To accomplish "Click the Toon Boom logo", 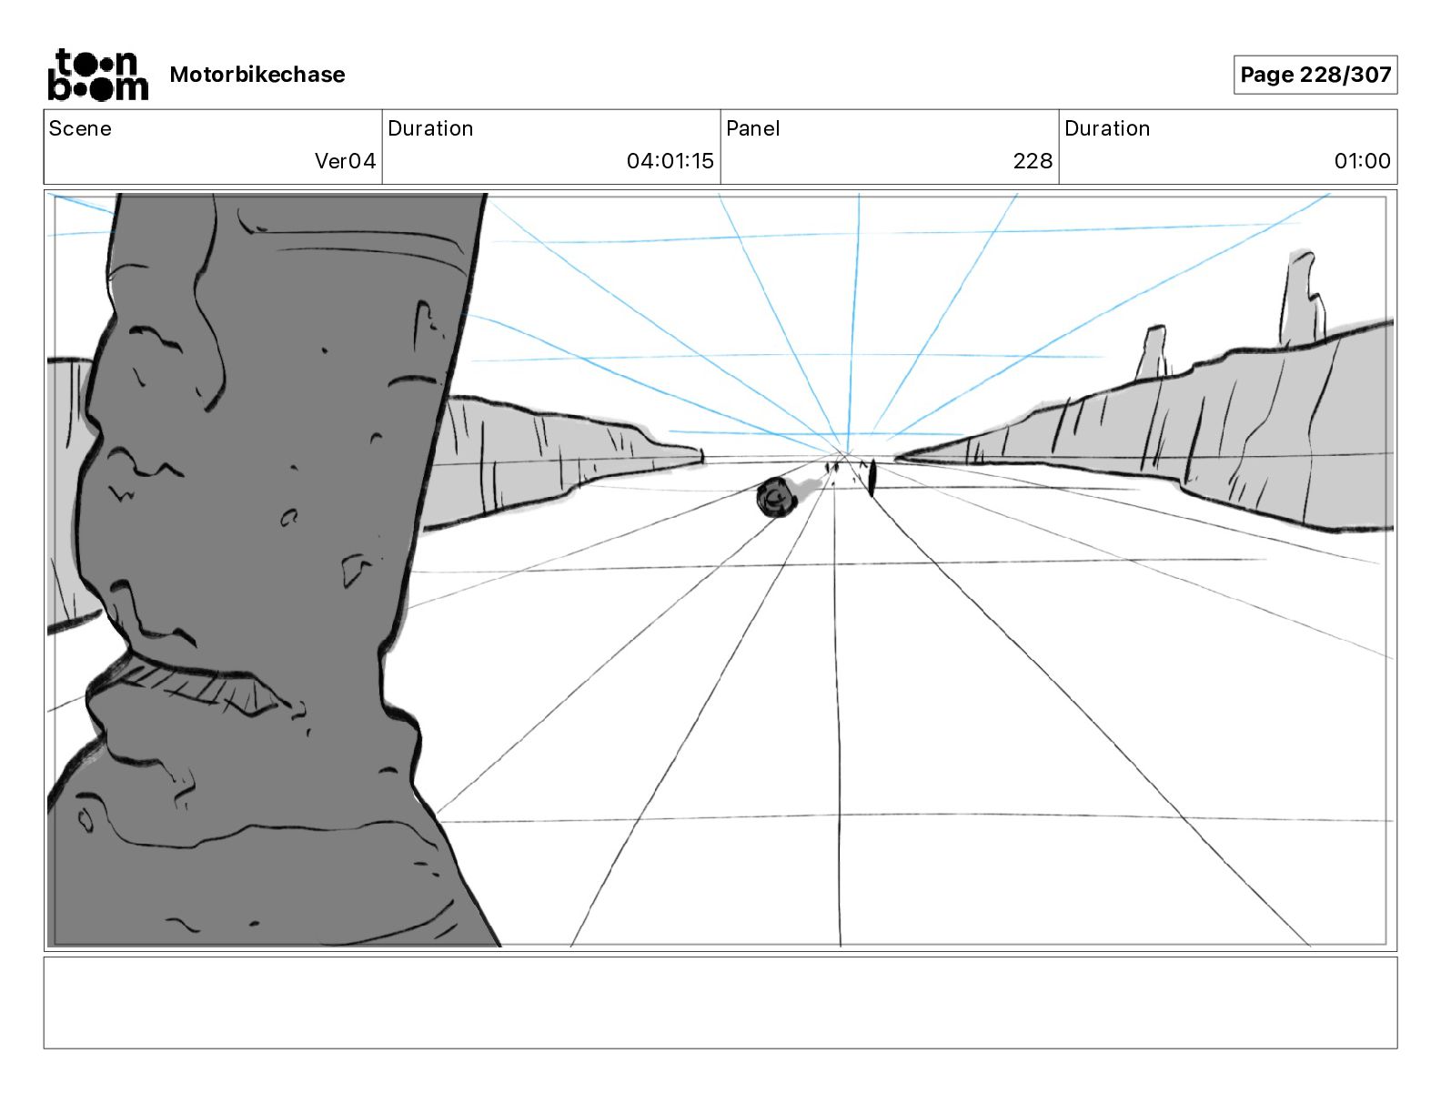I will (x=97, y=75).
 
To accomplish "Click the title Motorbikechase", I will (x=257, y=75).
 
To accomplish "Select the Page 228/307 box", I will (x=1315, y=75).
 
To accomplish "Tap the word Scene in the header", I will (x=80, y=128).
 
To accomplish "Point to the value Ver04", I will (x=345, y=161).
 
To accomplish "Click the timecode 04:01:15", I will (x=670, y=161).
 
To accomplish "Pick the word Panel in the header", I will (x=752, y=128).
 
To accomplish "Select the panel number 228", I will (x=1033, y=161).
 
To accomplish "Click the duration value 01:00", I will (x=1362, y=161).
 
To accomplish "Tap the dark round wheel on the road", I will (x=775, y=498).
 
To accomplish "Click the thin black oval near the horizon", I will (x=872, y=478).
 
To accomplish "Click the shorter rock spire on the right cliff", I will (x=1152, y=352).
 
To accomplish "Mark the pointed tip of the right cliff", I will (x=899, y=458).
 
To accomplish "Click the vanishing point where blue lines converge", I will (x=847, y=452).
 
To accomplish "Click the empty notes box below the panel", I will (x=720, y=1002).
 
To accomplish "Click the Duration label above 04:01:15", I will (x=430, y=128).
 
